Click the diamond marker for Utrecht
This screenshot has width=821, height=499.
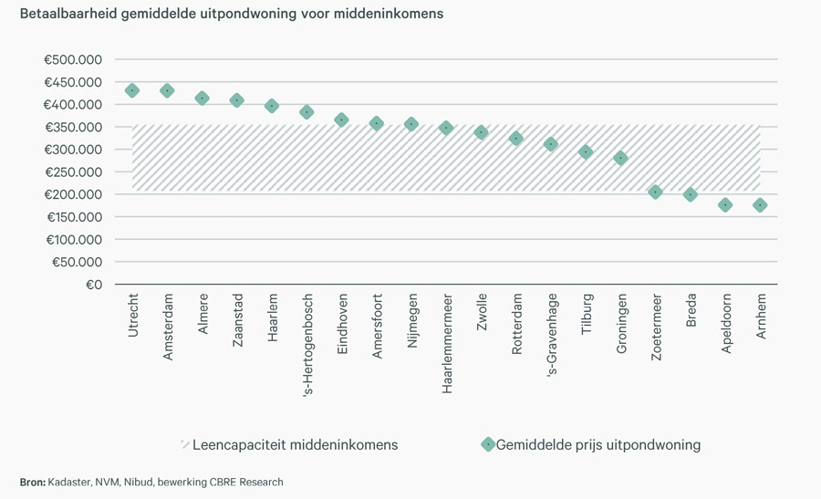coord(132,90)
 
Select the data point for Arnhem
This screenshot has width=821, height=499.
coord(760,205)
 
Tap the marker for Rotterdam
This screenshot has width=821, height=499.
coord(516,139)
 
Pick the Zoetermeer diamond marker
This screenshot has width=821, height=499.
coord(655,192)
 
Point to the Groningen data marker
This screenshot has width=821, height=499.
coord(620,158)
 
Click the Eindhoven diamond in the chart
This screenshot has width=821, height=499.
coord(341,120)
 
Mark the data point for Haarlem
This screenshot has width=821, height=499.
coord(272,106)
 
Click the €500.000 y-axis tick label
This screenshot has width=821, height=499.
coord(73,60)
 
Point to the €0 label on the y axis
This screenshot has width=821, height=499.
coord(94,285)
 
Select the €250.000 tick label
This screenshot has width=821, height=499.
coord(73,172)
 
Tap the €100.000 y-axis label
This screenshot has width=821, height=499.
coord(73,240)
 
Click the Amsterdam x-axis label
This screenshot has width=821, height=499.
coord(168,326)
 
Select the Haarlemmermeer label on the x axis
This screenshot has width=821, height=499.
coord(447,342)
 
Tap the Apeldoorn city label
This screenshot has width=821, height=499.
coord(725,323)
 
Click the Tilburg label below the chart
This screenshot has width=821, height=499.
coord(586,314)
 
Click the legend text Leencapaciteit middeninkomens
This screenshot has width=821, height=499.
coord(295,445)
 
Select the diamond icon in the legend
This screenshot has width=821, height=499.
coord(487,444)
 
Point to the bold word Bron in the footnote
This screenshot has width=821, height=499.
coord(32,482)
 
